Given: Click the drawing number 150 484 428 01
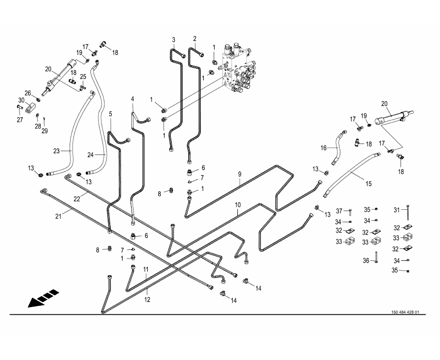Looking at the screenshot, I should pos(405,312).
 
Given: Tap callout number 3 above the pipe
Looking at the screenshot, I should pos(174,39).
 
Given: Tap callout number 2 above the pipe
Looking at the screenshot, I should pos(194,39).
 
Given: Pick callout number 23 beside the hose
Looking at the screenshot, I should pos(56,151).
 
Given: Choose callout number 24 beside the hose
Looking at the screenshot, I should pos(92,154).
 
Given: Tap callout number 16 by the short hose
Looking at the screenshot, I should pos(323,148).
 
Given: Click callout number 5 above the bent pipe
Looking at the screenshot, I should pos(111,114).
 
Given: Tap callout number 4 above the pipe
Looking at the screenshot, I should pos(133,99).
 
